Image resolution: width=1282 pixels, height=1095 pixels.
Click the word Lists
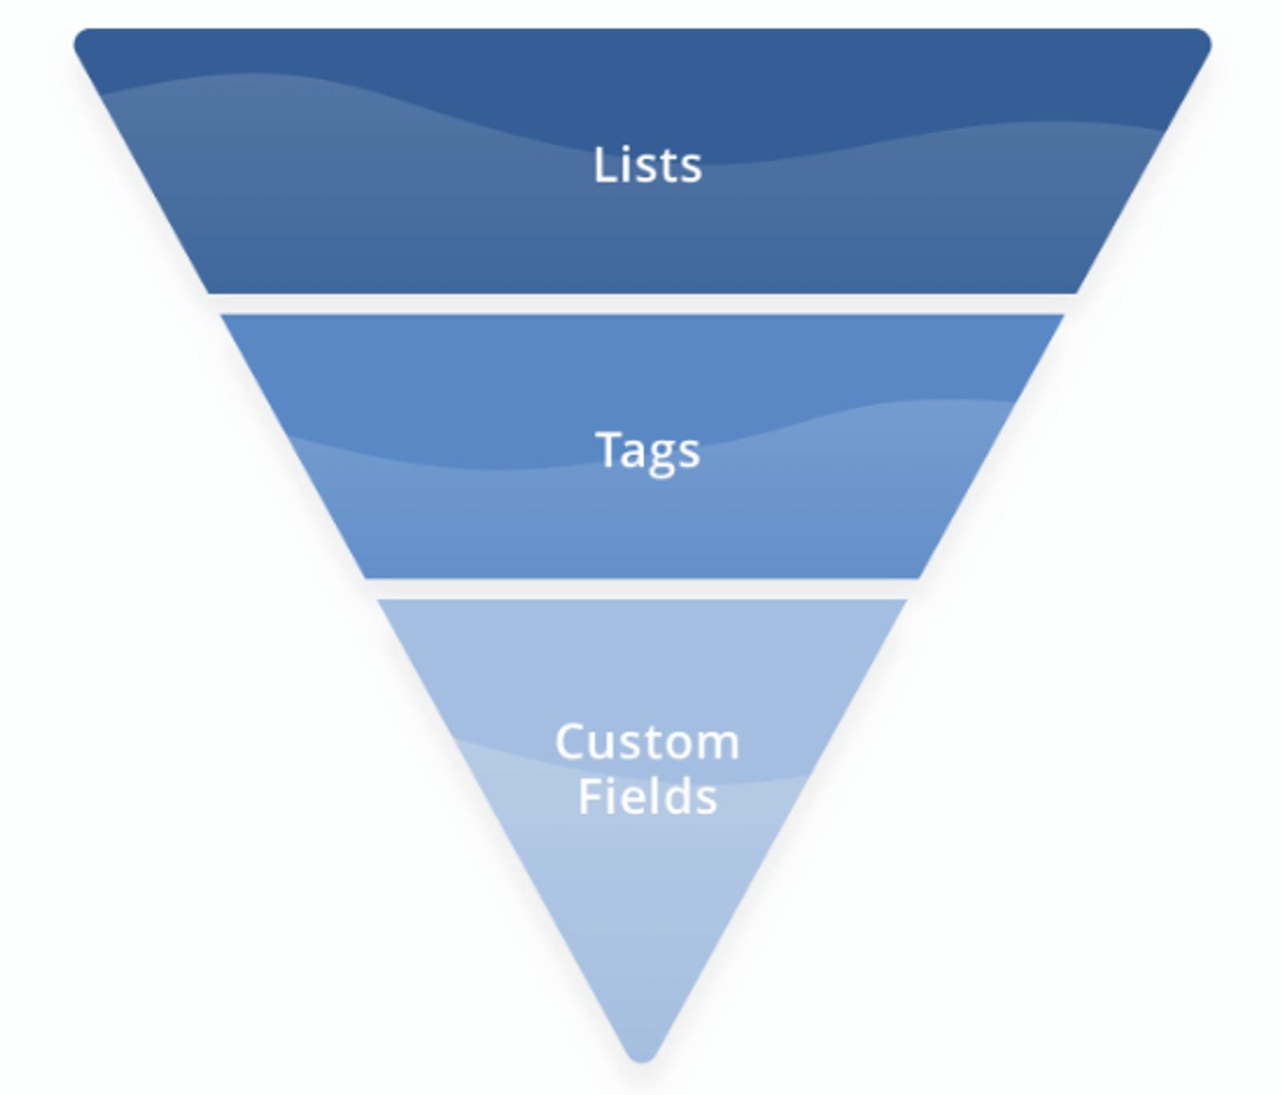(647, 166)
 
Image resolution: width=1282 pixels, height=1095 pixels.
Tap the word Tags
(647, 450)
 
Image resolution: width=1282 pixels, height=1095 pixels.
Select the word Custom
(647, 743)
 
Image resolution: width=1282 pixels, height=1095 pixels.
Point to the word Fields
(647, 797)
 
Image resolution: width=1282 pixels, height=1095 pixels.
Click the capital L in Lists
(602, 166)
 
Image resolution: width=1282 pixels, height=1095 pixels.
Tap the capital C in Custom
(571, 743)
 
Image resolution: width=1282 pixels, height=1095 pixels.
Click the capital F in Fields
(587, 797)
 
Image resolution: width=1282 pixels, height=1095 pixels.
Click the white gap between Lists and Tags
(641, 304)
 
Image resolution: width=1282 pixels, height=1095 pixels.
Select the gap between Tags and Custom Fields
(641, 589)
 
